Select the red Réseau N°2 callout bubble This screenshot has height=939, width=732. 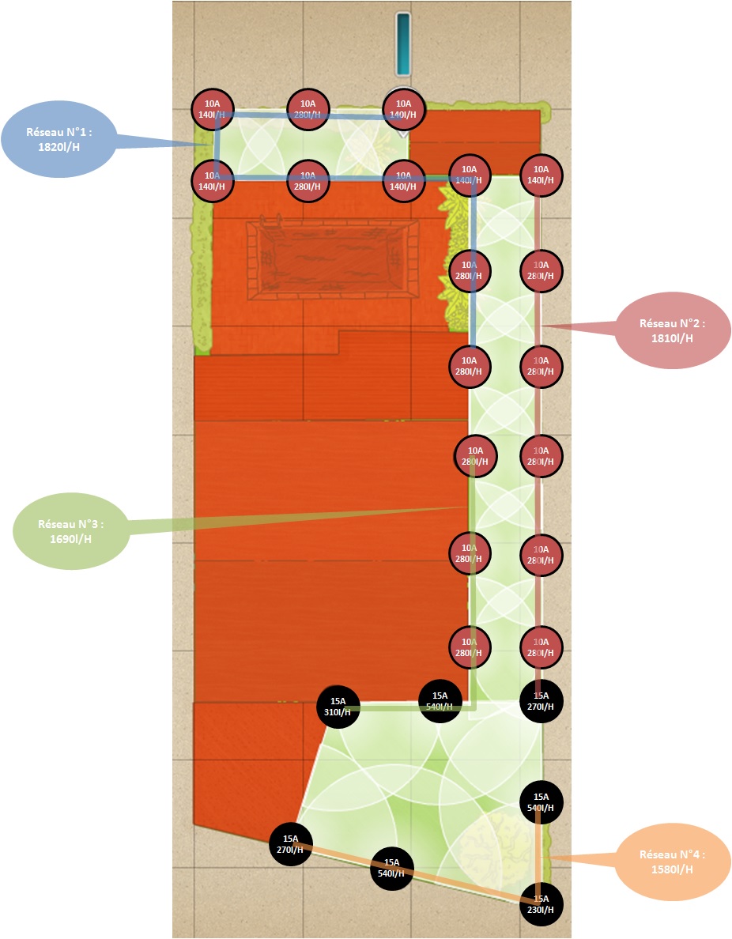pos(671,330)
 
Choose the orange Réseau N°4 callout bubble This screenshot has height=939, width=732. pos(671,862)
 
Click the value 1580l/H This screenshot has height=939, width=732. pos(671,869)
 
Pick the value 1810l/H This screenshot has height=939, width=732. pos(671,338)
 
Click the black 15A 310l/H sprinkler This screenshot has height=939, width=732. pos(338,707)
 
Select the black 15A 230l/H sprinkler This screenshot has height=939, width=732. pos(541,904)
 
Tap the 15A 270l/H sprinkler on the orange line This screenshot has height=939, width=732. pos(291,844)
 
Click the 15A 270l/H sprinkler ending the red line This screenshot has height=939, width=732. pos(541,701)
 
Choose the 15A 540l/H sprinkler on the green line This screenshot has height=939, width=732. pos(440,701)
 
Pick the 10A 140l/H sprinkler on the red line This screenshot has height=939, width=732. pos(541,175)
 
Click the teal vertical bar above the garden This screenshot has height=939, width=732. pos(403,43)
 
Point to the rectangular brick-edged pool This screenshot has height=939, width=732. pos(333,258)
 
